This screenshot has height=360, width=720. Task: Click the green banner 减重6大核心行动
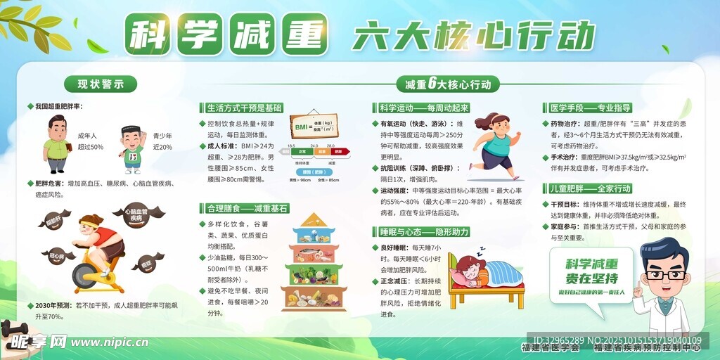point(448,84)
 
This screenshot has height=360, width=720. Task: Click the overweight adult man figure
point(56,144)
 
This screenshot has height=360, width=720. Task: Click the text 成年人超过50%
point(90,141)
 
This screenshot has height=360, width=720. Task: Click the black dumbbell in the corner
point(14,328)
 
